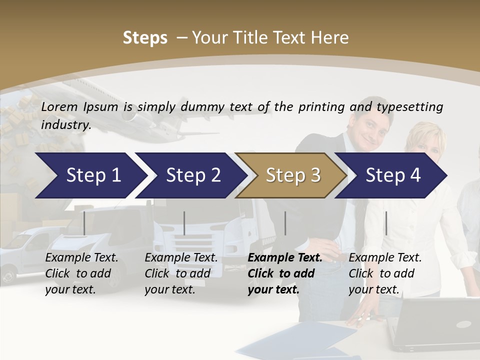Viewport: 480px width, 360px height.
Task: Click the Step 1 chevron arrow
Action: tap(90, 175)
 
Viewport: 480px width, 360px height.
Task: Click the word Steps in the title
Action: tap(145, 38)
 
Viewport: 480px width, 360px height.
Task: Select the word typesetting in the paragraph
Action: tap(409, 107)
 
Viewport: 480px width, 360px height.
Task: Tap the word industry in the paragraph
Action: tap(65, 124)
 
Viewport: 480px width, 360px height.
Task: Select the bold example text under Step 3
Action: tap(284, 273)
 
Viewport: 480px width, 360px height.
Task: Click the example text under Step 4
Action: tap(385, 273)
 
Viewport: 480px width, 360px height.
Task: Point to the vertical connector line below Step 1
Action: tap(84, 223)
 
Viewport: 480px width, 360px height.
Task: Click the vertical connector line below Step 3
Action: tap(285, 223)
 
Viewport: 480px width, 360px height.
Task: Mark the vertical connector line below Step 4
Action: tap(386, 223)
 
